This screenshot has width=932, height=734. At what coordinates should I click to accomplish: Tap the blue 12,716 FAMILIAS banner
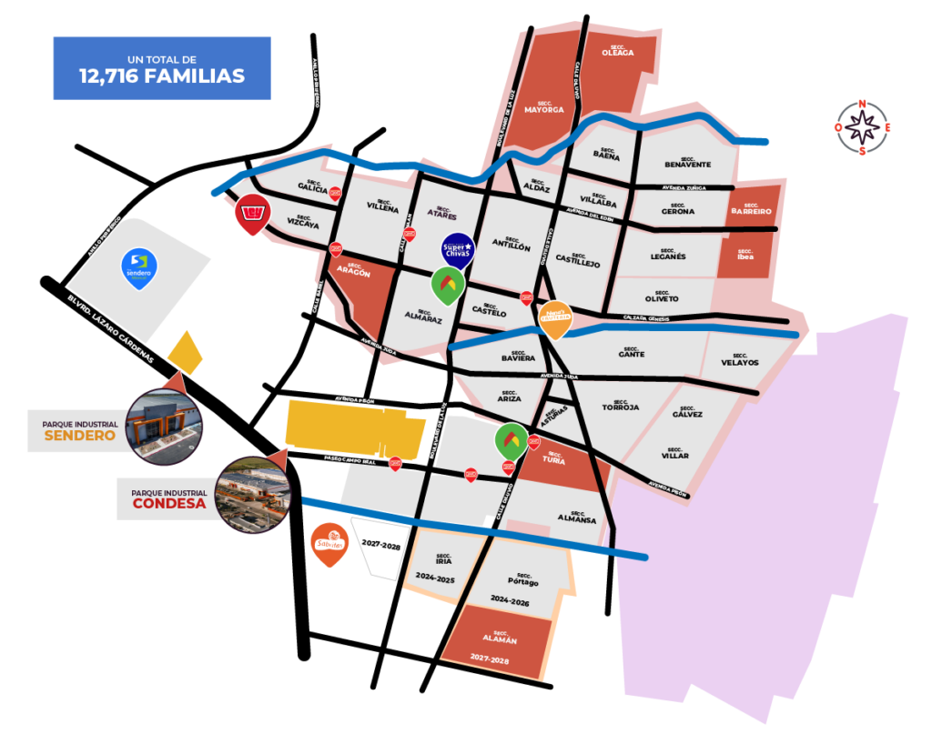click(162, 68)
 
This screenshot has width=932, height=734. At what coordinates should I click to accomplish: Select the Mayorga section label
click(544, 106)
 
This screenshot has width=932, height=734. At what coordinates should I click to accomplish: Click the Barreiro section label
click(752, 209)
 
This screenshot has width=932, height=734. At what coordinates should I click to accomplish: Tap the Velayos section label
click(738, 361)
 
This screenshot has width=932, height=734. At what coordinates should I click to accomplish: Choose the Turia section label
click(553, 459)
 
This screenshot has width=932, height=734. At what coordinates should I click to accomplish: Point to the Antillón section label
click(511, 245)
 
